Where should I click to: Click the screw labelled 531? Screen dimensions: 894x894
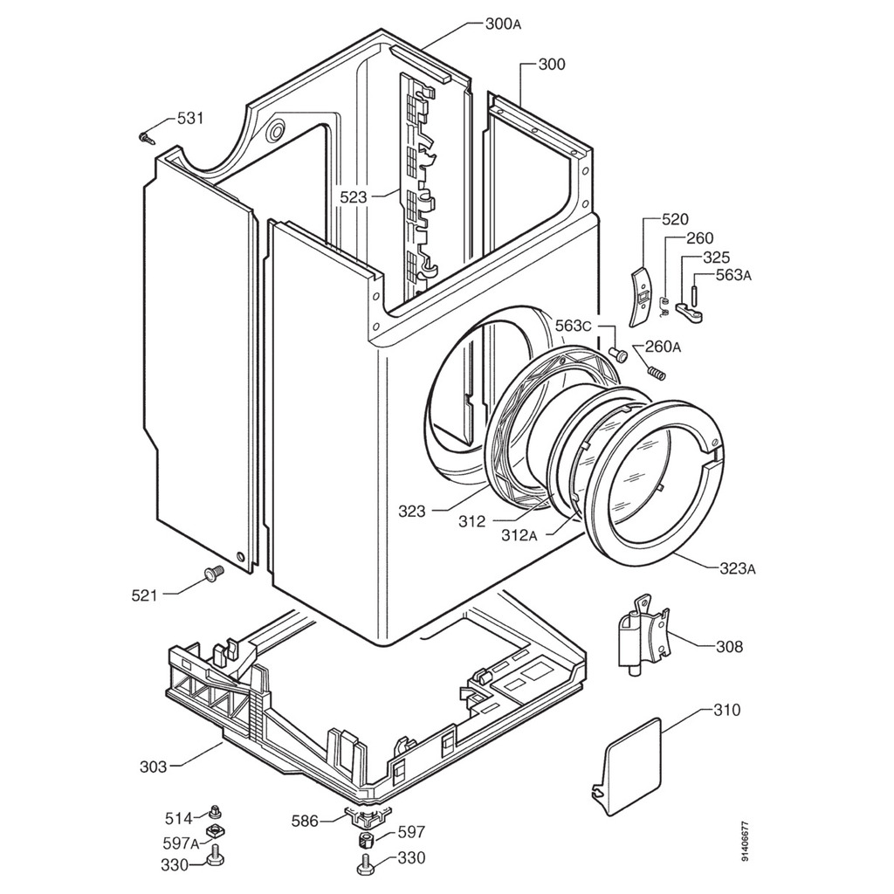[x=146, y=136]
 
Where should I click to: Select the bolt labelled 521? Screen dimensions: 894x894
[x=212, y=573]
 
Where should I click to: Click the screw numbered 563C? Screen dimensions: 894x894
[x=619, y=354]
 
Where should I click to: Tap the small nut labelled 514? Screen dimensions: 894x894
[x=215, y=814]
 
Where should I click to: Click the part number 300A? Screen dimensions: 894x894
[x=503, y=24]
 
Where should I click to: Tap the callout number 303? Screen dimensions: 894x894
[x=153, y=767]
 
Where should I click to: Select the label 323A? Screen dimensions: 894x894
[x=738, y=569]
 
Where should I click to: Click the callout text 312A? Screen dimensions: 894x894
[x=520, y=534]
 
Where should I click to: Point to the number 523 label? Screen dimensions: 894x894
[x=354, y=198]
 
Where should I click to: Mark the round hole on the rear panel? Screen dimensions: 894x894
[x=276, y=131]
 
